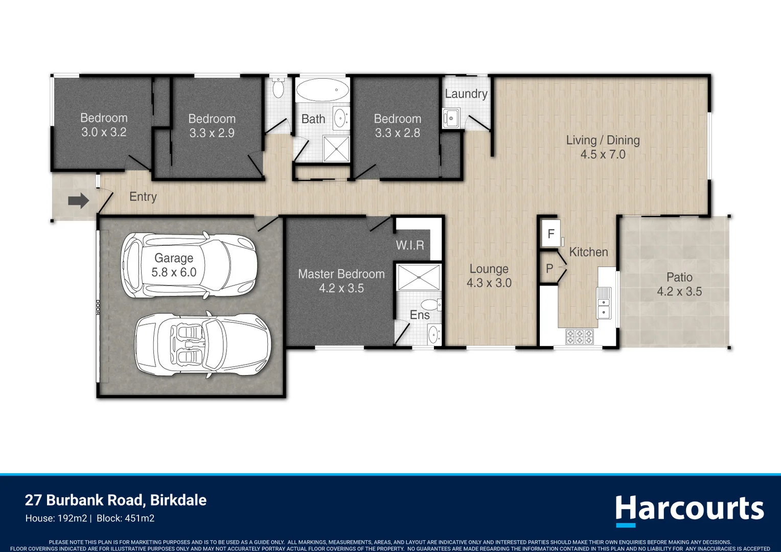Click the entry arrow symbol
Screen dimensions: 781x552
[x=78, y=200]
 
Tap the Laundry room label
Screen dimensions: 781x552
[x=466, y=94]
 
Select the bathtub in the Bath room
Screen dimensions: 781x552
[x=323, y=89]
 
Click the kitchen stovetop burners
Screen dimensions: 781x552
[x=580, y=337]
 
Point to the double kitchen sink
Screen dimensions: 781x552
[x=604, y=303]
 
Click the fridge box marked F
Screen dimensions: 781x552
[x=550, y=233]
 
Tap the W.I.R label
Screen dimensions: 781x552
[x=410, y=245]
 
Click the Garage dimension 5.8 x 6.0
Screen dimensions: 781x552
[x=174, y=272]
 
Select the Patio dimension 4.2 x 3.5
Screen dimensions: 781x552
[x=679, y=291]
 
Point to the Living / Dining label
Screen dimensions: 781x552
[x=603, y=140]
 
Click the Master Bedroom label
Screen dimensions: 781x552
[x=341, y=274]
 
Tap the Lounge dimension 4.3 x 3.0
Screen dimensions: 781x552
[x=489, y=283]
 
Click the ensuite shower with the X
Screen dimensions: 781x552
[x=419, y=277]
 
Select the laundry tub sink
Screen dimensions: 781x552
[x=451, y=118]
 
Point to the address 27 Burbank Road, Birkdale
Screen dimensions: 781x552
[x=116, y=500]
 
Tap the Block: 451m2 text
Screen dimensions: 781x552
[x=125, y=519]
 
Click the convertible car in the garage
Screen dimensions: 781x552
[x=203, y=344]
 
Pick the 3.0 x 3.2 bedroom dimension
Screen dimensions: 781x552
[x=104, y=132]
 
